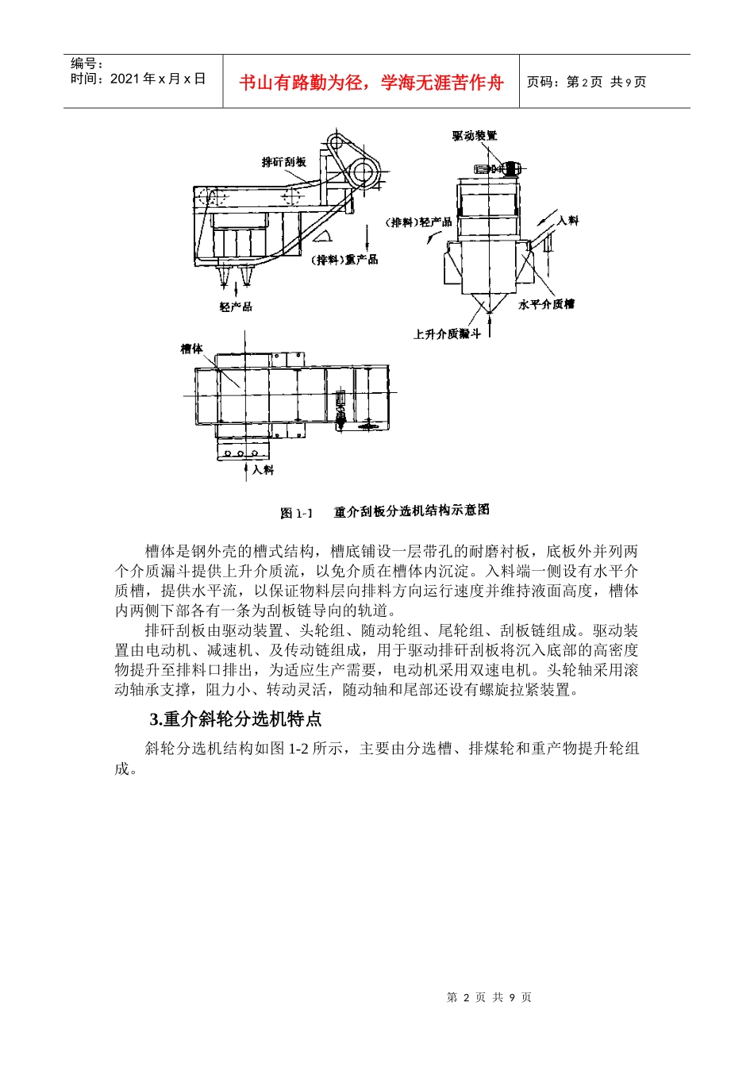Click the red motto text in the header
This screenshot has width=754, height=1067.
[371, 83]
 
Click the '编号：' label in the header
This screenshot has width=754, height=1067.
[87, 64]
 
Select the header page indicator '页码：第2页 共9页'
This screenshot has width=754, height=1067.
[587, 83]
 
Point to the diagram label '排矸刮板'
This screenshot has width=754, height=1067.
[283, 162]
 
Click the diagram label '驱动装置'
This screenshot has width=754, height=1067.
[475, 136]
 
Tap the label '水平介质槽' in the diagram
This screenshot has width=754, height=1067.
[546, 304]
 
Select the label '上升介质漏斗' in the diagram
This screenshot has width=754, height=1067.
[447, 334]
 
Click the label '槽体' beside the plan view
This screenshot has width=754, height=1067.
[192, 349]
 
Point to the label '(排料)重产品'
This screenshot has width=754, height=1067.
[345, 260]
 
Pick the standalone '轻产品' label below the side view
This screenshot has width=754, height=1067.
[236, 306]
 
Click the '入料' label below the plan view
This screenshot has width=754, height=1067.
[263, 470]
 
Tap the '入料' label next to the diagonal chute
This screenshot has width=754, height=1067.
[567, 220]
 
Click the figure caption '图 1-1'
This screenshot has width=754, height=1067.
[297, 514]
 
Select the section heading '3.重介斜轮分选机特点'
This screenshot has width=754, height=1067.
[236, 719]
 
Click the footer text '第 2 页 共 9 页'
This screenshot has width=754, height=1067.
[489, 997]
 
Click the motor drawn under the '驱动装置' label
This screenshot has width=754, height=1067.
[497, 168]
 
